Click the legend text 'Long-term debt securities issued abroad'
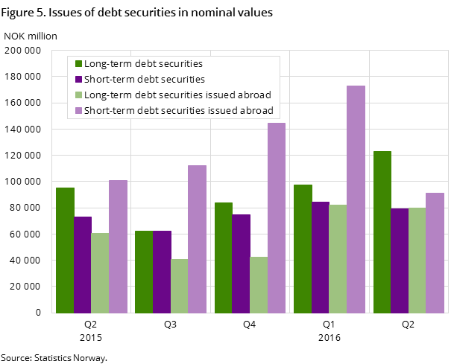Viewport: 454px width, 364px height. click(x=177, y=95)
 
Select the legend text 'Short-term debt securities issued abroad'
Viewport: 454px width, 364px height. click(x=179, y=110)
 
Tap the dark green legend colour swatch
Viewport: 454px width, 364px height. click(x=78, y=64)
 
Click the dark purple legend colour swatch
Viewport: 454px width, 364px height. click(x=78, y=79)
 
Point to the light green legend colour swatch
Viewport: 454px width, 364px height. click(x=78, y=95)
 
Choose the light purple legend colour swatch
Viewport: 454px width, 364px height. click(x=78, y=110)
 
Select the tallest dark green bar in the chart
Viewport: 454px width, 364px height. click(x=382, y=232)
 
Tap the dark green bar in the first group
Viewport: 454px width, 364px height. click(x=65, y=250)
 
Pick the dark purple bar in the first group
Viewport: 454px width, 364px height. click(x=83, y=264)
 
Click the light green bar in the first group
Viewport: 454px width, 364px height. click(x=100, y=272)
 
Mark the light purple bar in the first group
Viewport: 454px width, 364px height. click(x=118, y=246)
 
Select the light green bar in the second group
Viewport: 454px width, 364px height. click(x=179, y=286)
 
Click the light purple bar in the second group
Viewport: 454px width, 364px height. click(x=197, y=239)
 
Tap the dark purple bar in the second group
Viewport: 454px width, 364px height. click(x=162, y=272)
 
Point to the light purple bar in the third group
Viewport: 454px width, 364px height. click(x=277, y=217)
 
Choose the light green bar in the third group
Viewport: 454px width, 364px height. click(x=259, y=284)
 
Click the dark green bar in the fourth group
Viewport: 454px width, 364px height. click(x=303, y=249)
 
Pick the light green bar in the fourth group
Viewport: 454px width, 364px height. click(x=338, y=258)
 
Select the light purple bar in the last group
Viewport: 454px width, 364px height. click(x=435, y=252)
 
